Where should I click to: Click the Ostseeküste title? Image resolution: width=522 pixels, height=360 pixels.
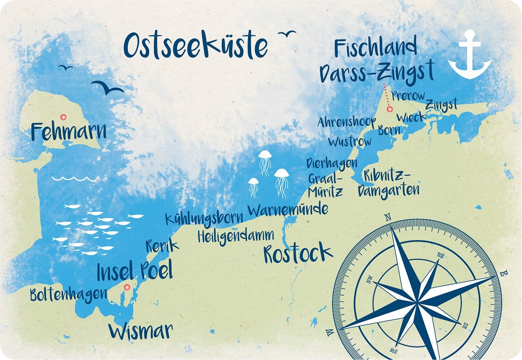pyautogui.click(x=195, y=46)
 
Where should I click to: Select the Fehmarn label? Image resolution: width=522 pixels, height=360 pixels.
pyautogui.click(x=68, y=131)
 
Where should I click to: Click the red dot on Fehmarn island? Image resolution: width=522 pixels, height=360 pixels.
pyautogui.click(x=64, y=117)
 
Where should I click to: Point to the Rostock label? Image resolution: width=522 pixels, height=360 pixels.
pyautogui.click(x=298, y=253)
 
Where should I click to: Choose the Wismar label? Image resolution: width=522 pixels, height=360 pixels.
pyautogui.click(x=140, y=330)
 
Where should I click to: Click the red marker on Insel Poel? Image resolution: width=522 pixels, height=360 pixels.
pyautogui.click(x=126, y=287)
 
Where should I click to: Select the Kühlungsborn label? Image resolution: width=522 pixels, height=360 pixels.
pyautogui.click(x=204, y=219)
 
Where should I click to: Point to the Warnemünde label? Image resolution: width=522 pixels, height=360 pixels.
pyautogui.click(x=288, y=210)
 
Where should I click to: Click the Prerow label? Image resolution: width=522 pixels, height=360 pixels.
pyautogui.click(x=408, y=96)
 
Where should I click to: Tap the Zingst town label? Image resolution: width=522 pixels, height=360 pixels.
pyautogui.click(x=441, y=105)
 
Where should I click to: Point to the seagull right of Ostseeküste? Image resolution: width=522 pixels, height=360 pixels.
pyautogui.click(x=287, y=34)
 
